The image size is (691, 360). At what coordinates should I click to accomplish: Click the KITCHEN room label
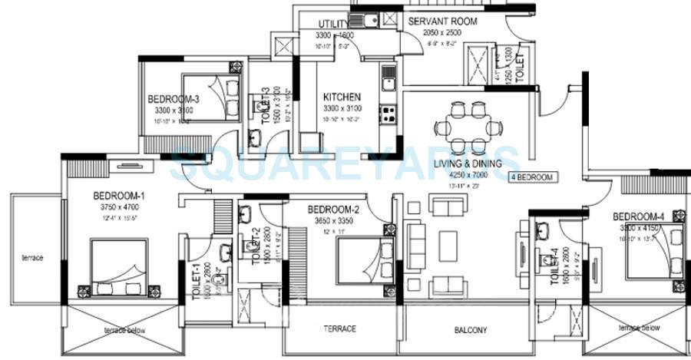342,97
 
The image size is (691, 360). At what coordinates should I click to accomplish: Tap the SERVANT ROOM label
442,21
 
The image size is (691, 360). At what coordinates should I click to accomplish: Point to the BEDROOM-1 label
119,196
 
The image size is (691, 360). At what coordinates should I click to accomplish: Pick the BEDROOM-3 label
174,99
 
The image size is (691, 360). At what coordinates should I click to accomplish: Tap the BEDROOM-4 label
638,216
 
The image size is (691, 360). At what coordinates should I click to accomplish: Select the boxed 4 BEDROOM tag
532,177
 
